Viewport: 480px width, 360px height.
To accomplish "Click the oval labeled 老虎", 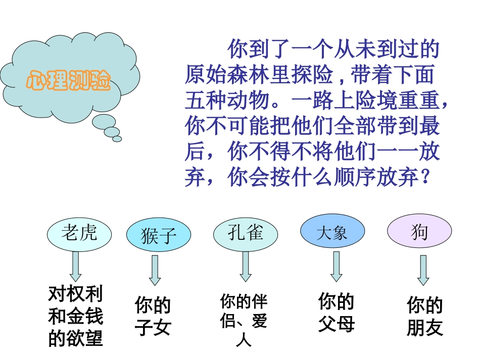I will pyautogui.click(x=79, y=234).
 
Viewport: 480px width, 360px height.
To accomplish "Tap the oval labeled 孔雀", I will pyautogui.click(x=245, y=234).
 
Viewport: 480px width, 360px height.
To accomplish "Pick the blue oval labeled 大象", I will pyautogui.click(x=332, y=233).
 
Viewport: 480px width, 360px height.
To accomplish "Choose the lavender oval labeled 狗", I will pyautogui.click(x=419, y=232).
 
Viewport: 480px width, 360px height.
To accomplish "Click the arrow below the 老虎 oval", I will pyautogui.click(x=75, y=266).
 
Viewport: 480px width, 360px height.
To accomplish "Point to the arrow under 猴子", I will pyautogui.click(x=155, y=270).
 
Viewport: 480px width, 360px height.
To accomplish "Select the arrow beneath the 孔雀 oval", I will pyautogui.click(x=246, y=266).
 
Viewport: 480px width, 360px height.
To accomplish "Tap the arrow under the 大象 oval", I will pyautogui.click(x=336, y=266).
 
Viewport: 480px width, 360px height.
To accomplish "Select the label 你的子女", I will pyautogui.click(x=153, y=317).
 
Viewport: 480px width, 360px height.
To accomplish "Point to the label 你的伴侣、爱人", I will pyautogui.click(x=244, y=321).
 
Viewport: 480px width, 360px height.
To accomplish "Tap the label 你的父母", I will pyautogui.click(x=336, y=313).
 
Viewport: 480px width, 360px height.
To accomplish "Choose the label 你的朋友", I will pyautogui.click(x=424, y=317).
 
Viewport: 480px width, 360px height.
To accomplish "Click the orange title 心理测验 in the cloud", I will pyautogui.click(x=69, y=80).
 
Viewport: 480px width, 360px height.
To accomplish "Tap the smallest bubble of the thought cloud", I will pyautogui.click(x=117, y=139).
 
